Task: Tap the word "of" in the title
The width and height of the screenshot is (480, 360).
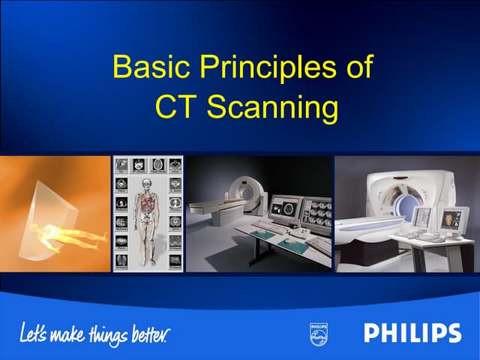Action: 354,68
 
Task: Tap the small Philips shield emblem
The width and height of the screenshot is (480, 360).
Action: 319,334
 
